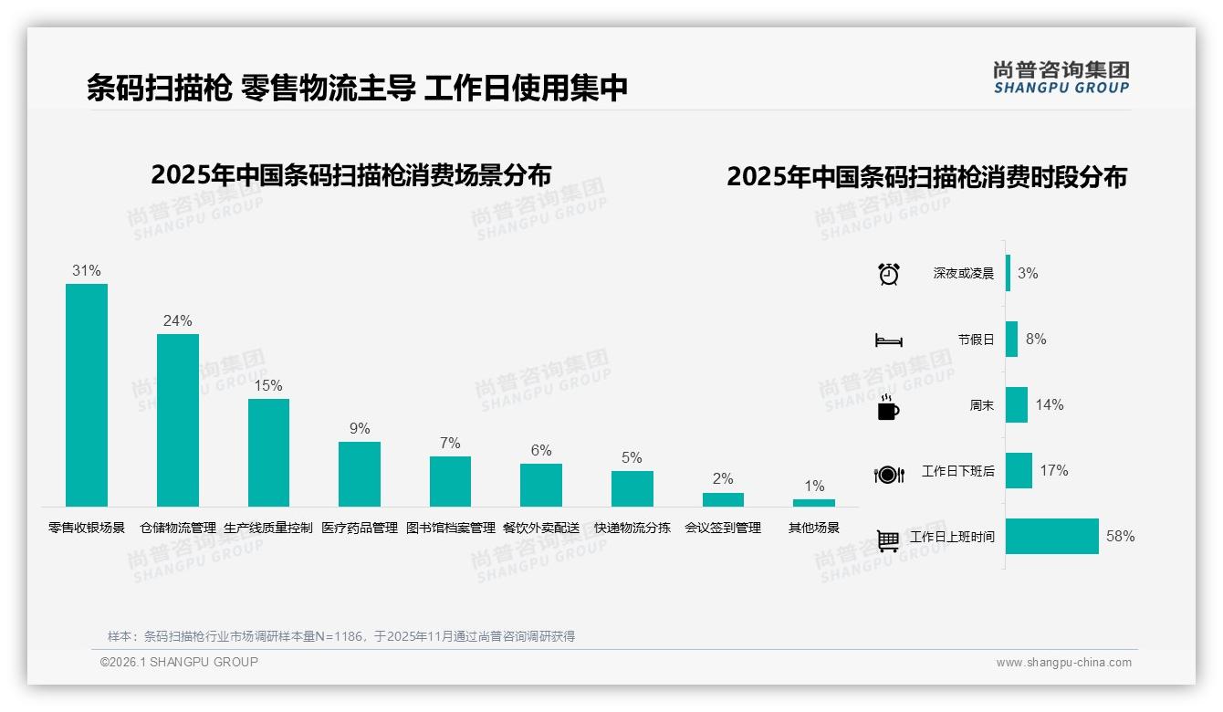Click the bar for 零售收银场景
pos(87,394)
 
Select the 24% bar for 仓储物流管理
pos(177,420)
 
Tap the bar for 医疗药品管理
pos(359,474)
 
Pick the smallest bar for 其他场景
pos(813,503)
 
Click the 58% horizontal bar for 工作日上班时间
pos(1051,536)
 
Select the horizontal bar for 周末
pos(1016,404)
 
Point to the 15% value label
pos(268,386)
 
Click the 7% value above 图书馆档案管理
pos(450,444)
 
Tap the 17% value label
pos(1054,471)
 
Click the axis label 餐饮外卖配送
pos(541,528)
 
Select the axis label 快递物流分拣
pos(632,528)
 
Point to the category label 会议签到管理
pos(723,528)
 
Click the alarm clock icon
pos(888,274)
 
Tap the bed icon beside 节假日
pos(888,340)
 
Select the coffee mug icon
pos(888,407)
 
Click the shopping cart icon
pos(888,539)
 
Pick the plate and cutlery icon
pos(888,474)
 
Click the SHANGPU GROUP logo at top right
pos(1061,78)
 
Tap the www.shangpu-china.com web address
pos(1063,663)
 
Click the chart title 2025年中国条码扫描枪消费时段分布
pos(926,177)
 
